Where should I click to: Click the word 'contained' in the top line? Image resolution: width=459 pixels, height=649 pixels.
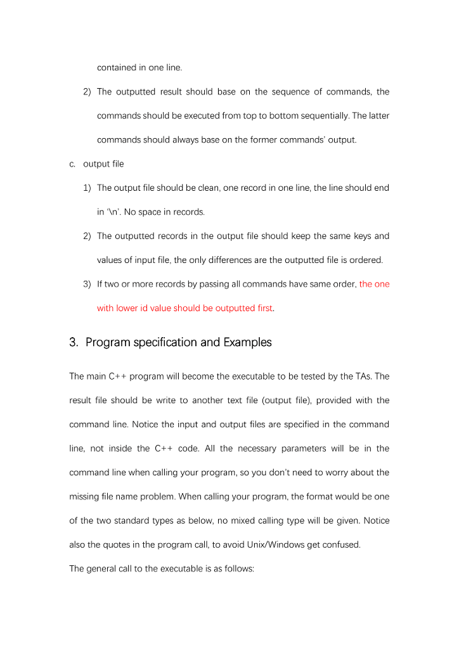[x=117, y=68]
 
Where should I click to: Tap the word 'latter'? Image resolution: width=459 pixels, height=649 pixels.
[x=378, y=116]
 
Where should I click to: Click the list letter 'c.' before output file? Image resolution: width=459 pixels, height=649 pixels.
[x=73, y=164]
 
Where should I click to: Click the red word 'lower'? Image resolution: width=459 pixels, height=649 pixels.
[x=127, y=309]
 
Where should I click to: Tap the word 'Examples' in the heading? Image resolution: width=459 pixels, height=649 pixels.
[x=247, y=343]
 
